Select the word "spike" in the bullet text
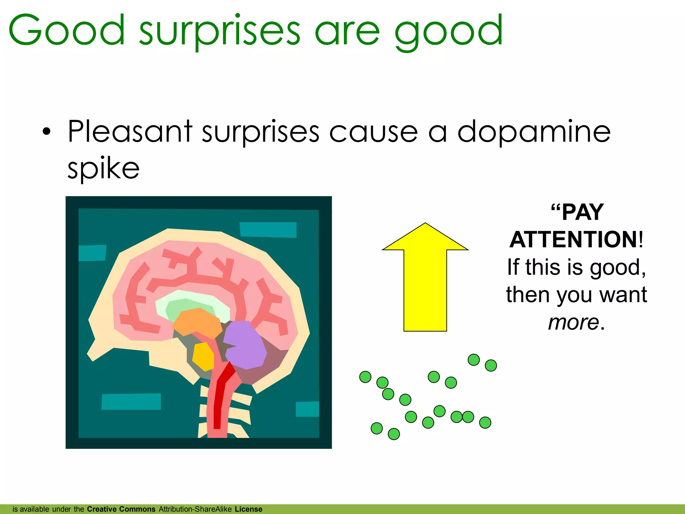click(103, 168)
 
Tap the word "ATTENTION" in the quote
click(574, 240)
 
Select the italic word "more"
click(573, 323)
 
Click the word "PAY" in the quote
click(582, 212)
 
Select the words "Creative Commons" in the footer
click(121, 509)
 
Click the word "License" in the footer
click(249, 509)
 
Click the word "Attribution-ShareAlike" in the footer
click(195, 509)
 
